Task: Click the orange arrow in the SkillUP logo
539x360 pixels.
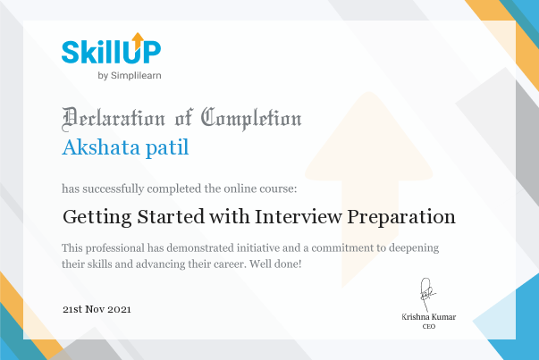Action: (138, 40)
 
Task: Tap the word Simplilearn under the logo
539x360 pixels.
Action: (136, 76)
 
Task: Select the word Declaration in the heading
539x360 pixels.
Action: (114, 119)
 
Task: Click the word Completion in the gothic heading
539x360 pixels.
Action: (251, 119)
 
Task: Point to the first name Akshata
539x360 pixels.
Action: (101, 147)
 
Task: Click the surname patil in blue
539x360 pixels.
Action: (167, 148)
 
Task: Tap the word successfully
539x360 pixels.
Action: (114, 188)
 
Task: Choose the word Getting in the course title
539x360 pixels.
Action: (97, 217)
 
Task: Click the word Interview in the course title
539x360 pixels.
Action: (298, 216)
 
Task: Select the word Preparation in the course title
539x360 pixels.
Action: (401, 217)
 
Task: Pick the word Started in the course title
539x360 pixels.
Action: (171, 216)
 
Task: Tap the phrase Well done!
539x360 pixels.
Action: (275, 264)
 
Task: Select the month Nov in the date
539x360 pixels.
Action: (95, 309)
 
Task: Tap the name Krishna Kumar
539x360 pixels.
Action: (429, 317)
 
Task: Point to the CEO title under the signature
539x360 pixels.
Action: (429, 326)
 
